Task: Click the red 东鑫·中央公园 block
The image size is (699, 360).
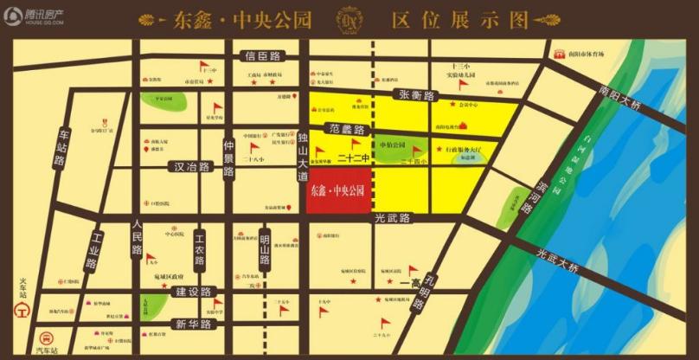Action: [339, 190]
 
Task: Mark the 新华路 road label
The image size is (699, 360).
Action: [193, 325]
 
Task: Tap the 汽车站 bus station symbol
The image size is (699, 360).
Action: [46, 338]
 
